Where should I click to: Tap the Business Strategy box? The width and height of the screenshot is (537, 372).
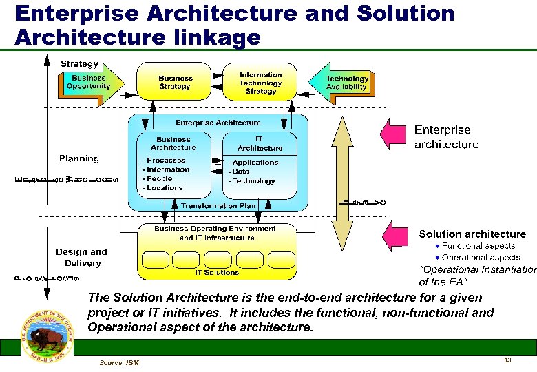[175, 82]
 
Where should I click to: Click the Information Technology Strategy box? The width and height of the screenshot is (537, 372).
[260, 83]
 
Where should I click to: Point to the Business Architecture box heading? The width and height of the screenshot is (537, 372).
[173, 143]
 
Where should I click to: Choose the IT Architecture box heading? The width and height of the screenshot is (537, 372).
[260, 143]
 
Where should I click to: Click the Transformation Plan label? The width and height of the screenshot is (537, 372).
[218, 205]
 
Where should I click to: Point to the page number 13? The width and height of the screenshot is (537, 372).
[507, 360]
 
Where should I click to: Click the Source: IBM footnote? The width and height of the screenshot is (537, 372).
[118, 362]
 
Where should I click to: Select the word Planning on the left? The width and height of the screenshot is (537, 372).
[78, 158]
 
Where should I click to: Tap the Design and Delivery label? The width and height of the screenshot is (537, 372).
[82, 257]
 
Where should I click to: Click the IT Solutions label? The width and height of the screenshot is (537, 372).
[217, 273]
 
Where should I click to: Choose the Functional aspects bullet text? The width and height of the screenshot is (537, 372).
[478, 246]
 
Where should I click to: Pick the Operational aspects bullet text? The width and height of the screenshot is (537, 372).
[481, 257]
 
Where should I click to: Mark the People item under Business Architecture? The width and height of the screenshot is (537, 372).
[159, 178]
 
